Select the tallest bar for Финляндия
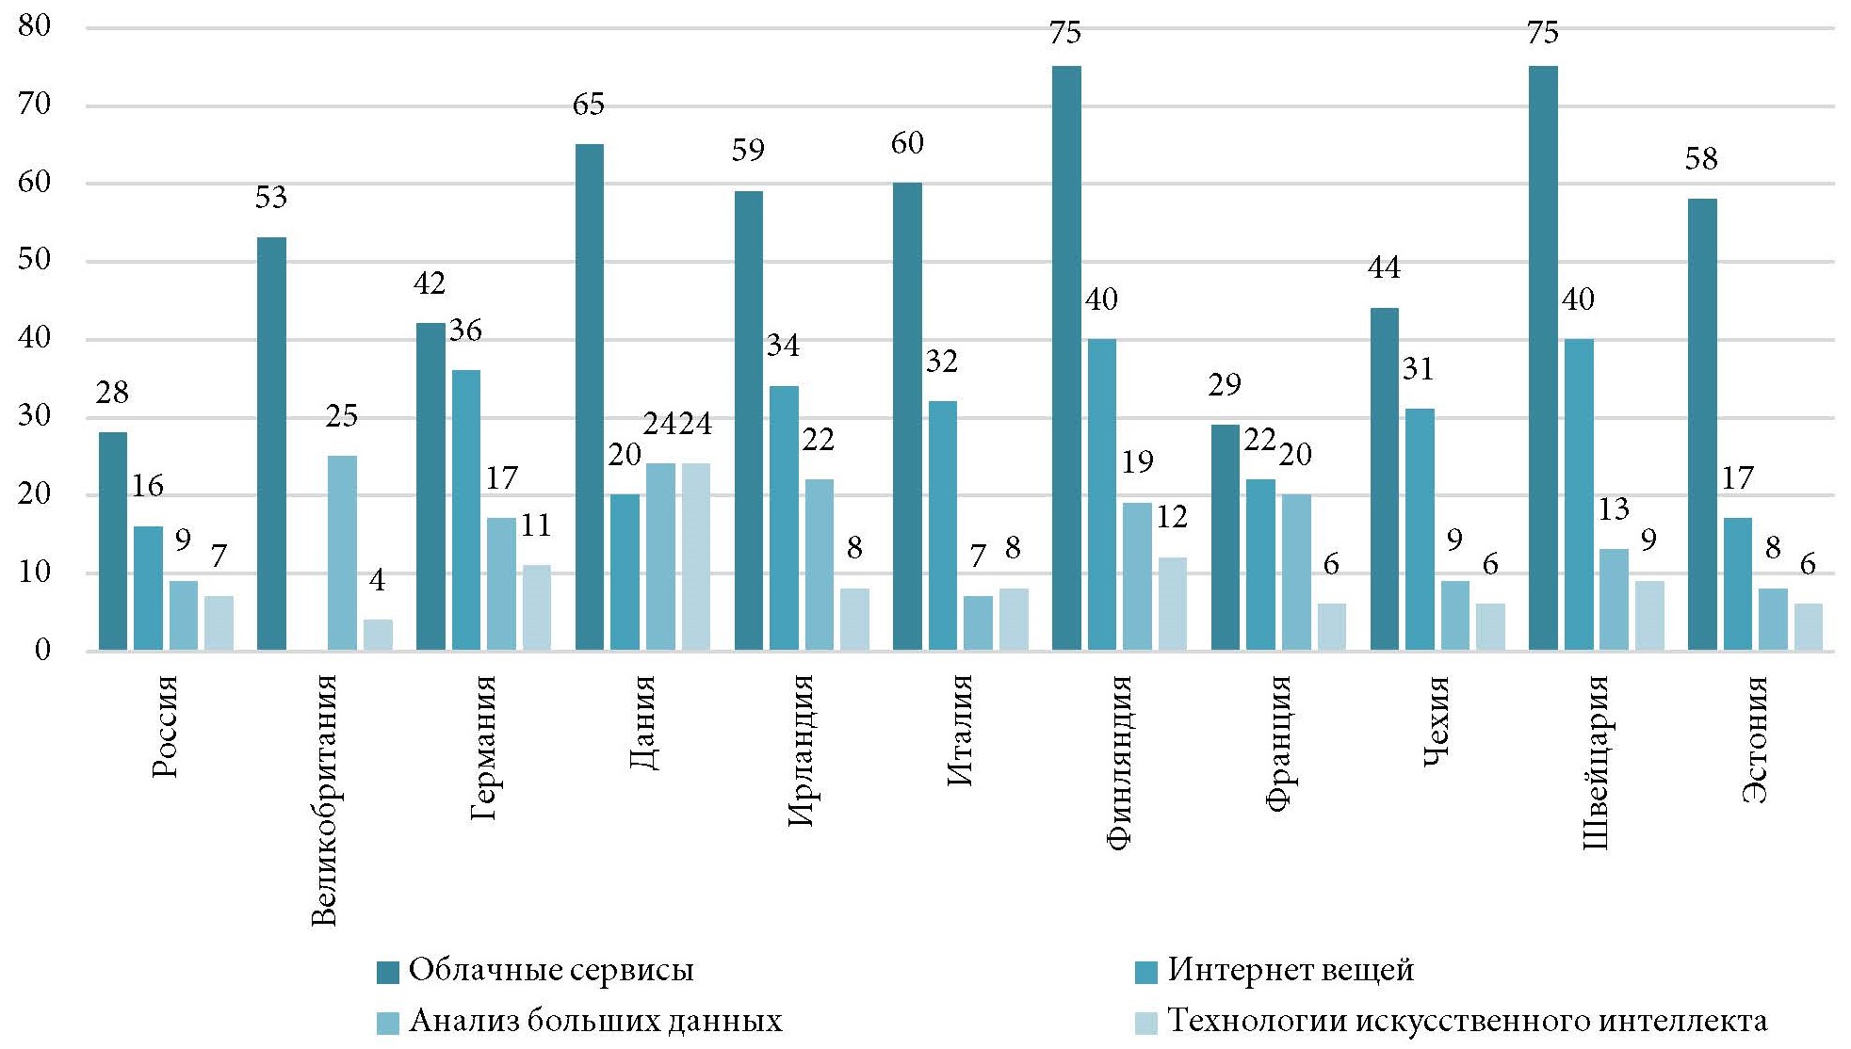coord(1066,358)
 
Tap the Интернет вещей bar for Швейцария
coord(1579,494)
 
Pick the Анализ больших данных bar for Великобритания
coord(342,553)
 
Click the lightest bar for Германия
coord(536,607)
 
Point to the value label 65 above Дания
coord(588,105)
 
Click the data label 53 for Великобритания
coord(270,198)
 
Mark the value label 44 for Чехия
coord(1384,268)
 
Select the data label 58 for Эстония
coord(1701,159)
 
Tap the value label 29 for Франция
coord(1225,385)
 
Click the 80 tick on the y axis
coord(35,26)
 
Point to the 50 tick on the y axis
coord(35,260)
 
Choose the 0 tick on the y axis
coord(42,650)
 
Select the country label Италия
coord(959,730)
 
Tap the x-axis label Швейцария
coord(1595,763)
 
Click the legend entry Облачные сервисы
coord(551,971)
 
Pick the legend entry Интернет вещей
coord(1291,971)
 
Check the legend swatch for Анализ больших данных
coord(388,1023)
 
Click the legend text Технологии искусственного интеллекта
coord(1467,1022)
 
